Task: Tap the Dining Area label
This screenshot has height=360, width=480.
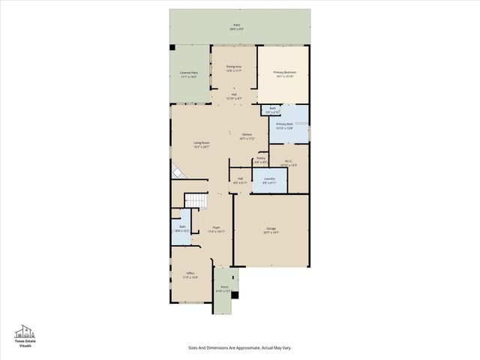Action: pos(234,68)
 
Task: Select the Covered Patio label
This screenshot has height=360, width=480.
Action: pos(188,74)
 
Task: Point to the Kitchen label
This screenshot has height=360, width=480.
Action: pos(247,136)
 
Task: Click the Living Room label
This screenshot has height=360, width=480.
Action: pos(201,145)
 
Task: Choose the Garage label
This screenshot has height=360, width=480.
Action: pos(271,230)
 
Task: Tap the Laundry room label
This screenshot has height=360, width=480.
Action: pos(269,180)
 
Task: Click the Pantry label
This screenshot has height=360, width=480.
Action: pos(261,159)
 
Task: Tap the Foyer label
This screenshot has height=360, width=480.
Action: pos(216,229)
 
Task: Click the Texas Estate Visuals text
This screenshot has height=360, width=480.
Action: pos(25,343)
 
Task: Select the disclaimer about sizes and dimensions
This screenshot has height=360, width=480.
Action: pos(239,347)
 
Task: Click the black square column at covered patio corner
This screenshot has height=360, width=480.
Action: pos(172,48)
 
